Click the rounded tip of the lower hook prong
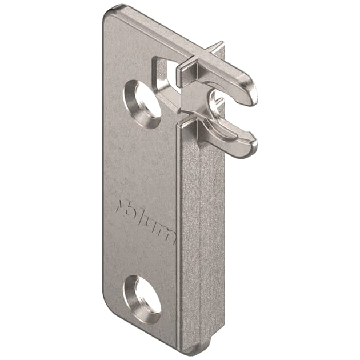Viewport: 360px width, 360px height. [250, 149]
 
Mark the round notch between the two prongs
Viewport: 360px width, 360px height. [217, 106]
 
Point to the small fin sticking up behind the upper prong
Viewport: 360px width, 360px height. [218, 49]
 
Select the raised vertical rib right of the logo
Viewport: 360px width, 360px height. [197, 240]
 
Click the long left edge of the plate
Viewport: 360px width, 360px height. [105, 171]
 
